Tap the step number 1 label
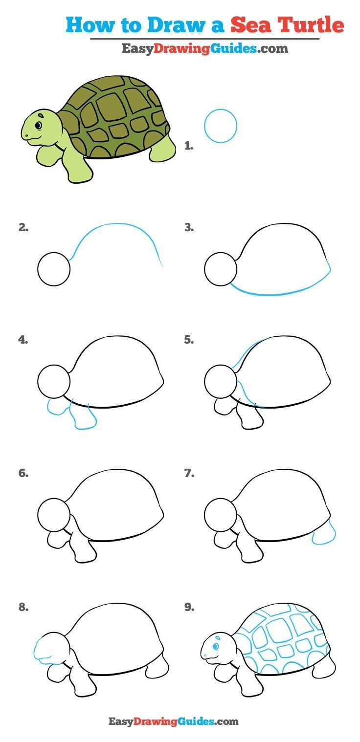click(189, 146)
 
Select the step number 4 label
click(23, 340)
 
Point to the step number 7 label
click(189, 473)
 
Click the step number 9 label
click(189, 608)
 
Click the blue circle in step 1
click(221, 126)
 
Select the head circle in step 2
click(54, 269)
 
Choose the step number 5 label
click(189, 340)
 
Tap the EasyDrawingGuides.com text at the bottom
click(173, 721)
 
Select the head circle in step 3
click(221, 269)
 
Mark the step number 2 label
click(23, 227)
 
